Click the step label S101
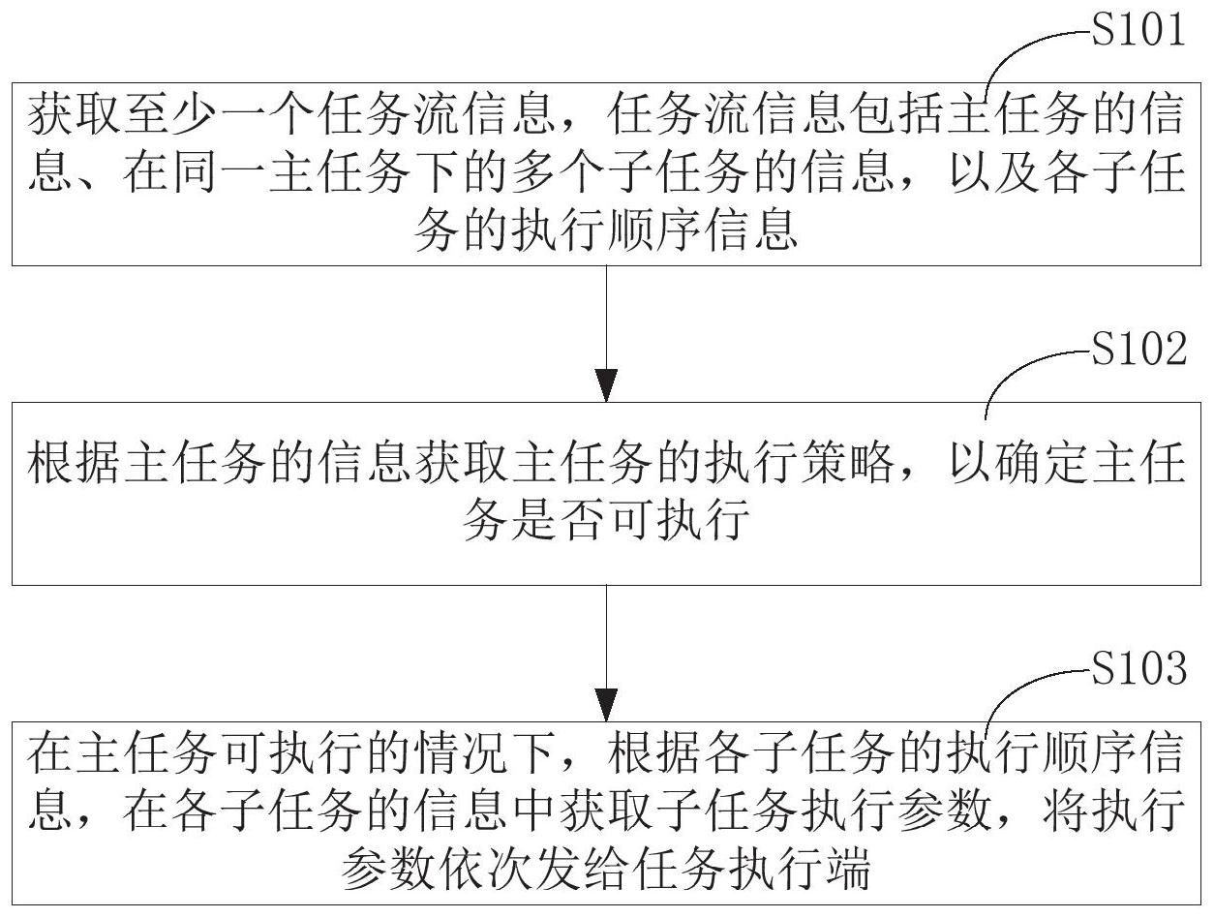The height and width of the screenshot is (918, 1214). tap(1138, 32)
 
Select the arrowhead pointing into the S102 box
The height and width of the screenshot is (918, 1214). tap(607, 385)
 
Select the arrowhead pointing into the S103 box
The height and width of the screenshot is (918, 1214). tap(607, 704)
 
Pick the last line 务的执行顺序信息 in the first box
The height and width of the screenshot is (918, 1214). tap(606, 233)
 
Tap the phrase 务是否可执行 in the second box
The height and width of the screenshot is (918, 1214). tap(606, 524)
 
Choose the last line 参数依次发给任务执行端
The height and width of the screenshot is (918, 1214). tap(606, 872)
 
